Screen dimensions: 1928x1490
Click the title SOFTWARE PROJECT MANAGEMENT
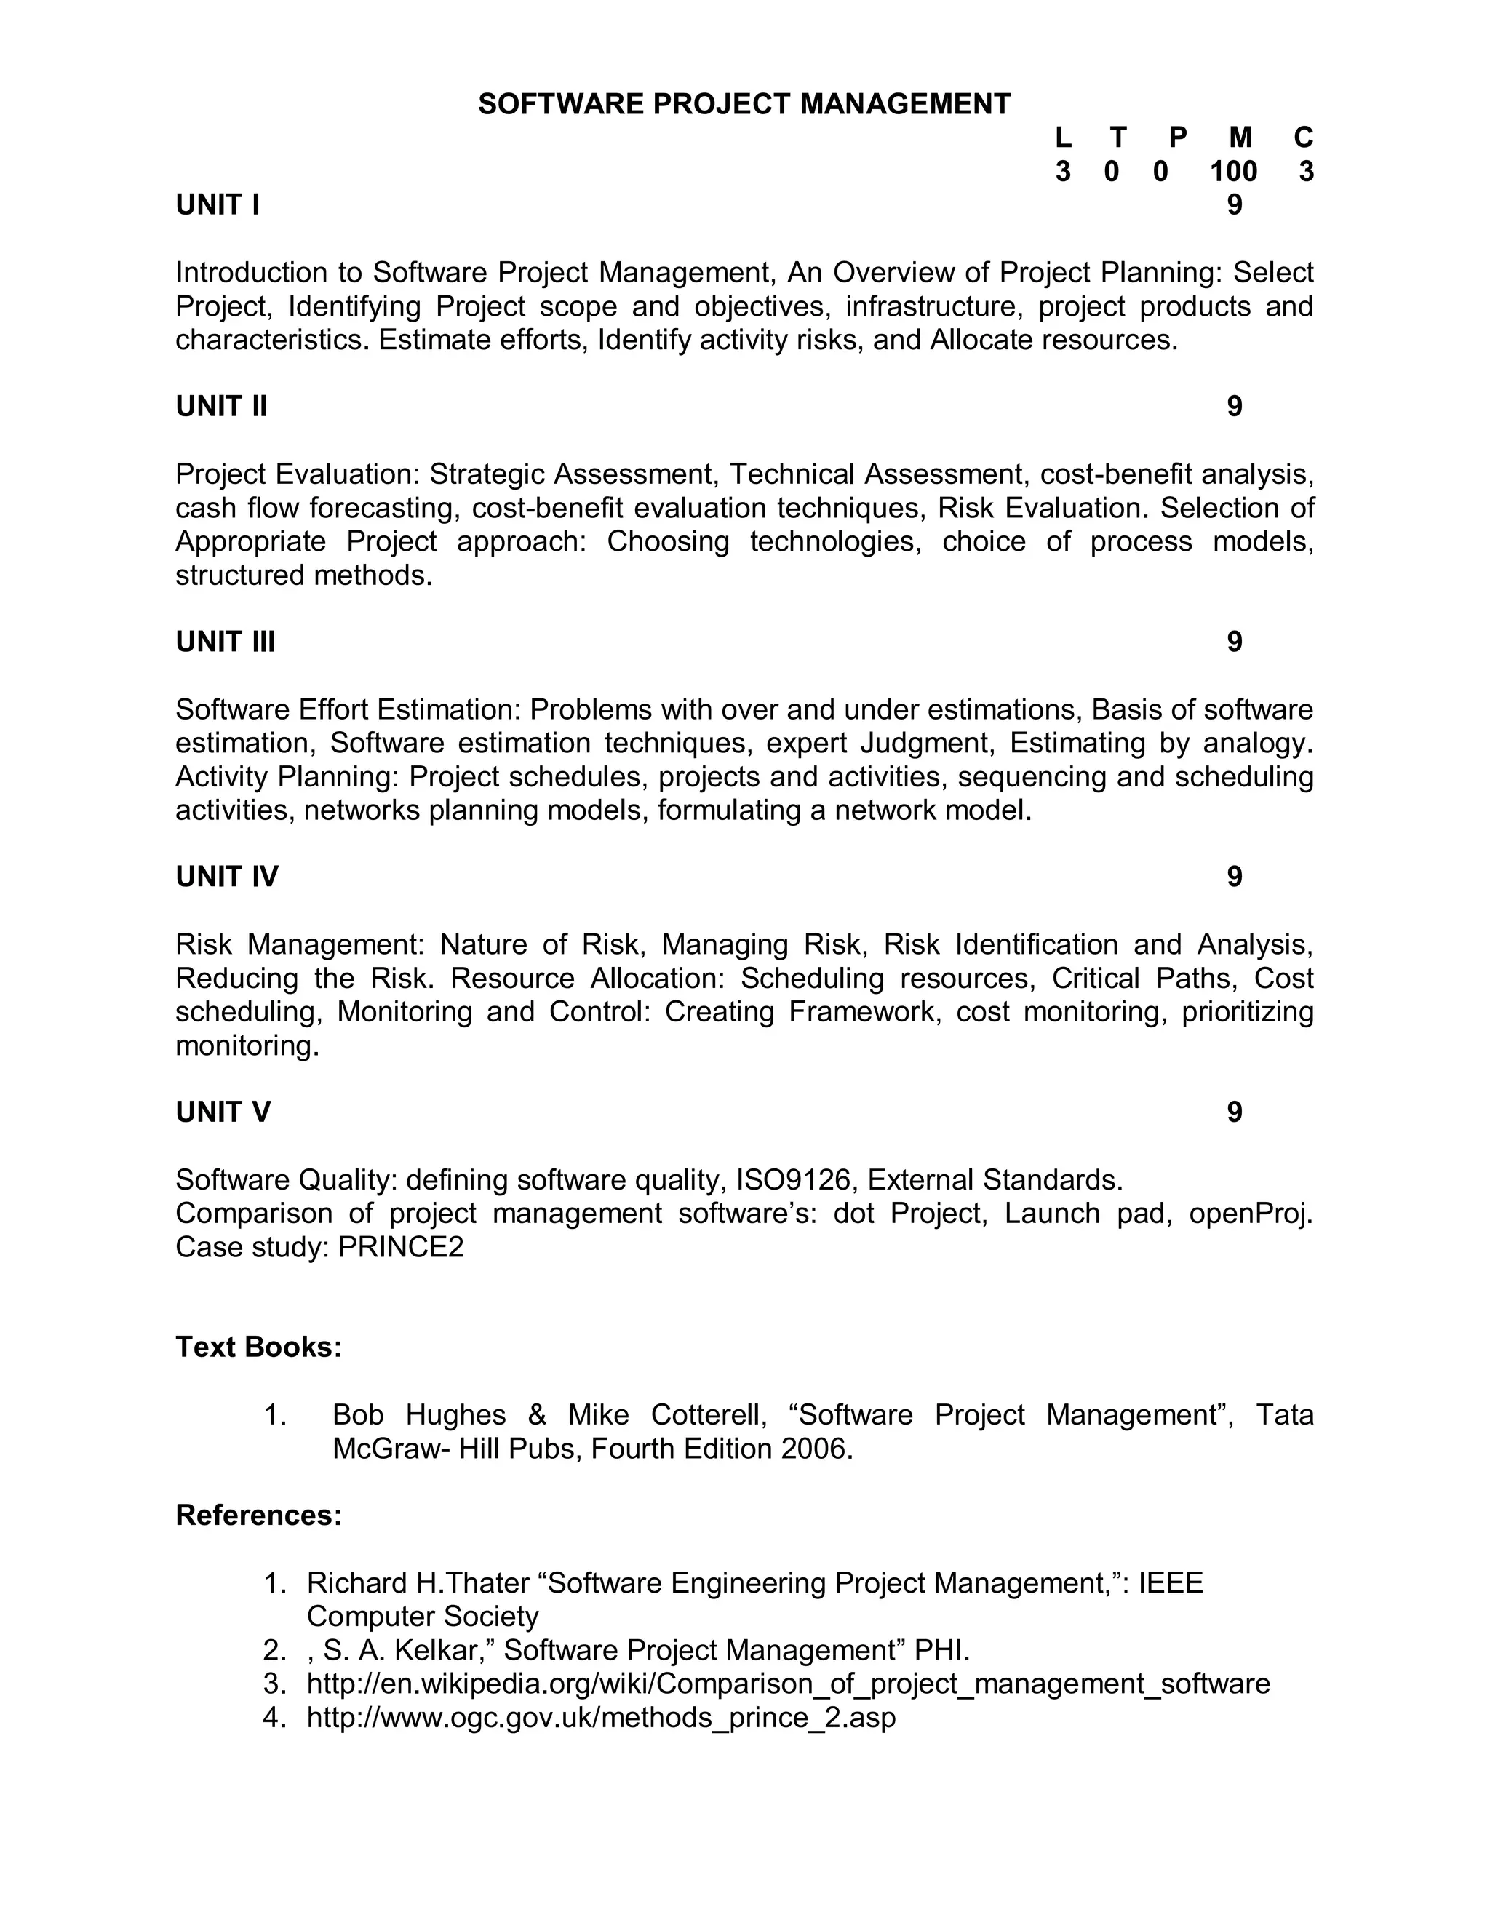coord(744,104)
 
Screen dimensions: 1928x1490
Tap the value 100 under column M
coord(1233,171)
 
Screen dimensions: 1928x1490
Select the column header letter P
coord(1178,138)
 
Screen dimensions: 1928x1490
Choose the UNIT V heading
coord(223,1112)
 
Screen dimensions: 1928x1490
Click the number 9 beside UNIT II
coord(1234,406)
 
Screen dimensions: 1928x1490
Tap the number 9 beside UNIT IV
coord(1234,877)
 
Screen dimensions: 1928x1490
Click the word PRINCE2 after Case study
coord(401,1247)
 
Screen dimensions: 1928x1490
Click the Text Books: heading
coord(258,1347)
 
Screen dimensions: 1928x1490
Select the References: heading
coord(258,1515)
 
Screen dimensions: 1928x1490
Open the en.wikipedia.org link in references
coord(788,1684)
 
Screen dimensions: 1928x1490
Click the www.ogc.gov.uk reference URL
coord(601,1718)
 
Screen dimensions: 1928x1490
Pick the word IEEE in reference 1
coord(1171,1584)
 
